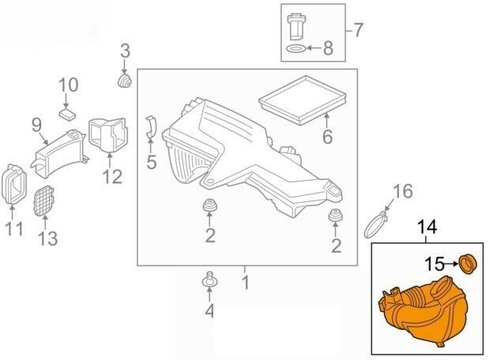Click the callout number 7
tap(357, 30)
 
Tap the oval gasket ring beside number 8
tap(296, 48)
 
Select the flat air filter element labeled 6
tap(303, 100)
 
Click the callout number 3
tap(125, 51)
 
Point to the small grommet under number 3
tap(125, 81)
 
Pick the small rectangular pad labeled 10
tap(67, 114)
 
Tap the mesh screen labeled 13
tap(43, 201)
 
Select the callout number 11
tap(15, 229)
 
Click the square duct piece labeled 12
tap(108, 135)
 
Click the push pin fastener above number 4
tap(209, 279)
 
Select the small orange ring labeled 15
tap(468, 264)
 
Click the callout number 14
tap(427, 227)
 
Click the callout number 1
tap(246, 283)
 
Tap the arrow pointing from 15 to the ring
tap(452, 264)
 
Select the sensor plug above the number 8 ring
tap(296, 27)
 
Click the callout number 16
tap(403, 191)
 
